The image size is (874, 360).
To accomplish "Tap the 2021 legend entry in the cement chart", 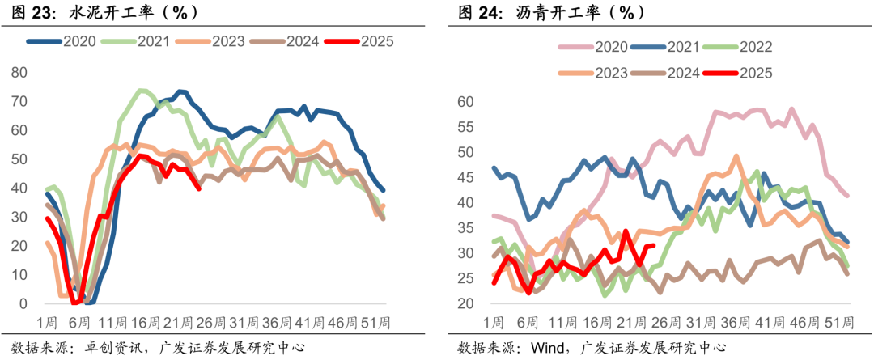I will [154, 41].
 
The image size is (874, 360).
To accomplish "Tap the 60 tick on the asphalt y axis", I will [465, 102].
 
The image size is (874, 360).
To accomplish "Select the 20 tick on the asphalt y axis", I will [465, 303].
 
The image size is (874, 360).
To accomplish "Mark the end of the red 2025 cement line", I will [199, 188].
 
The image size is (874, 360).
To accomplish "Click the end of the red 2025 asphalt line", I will [653, 245].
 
